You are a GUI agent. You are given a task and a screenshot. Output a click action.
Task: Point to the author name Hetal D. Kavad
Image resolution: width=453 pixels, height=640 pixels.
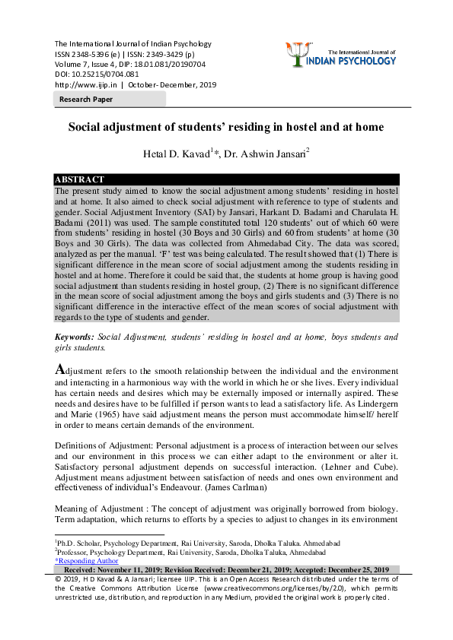coord(174,154)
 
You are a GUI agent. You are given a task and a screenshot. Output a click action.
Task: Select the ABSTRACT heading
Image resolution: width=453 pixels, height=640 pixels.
coord(79,179)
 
